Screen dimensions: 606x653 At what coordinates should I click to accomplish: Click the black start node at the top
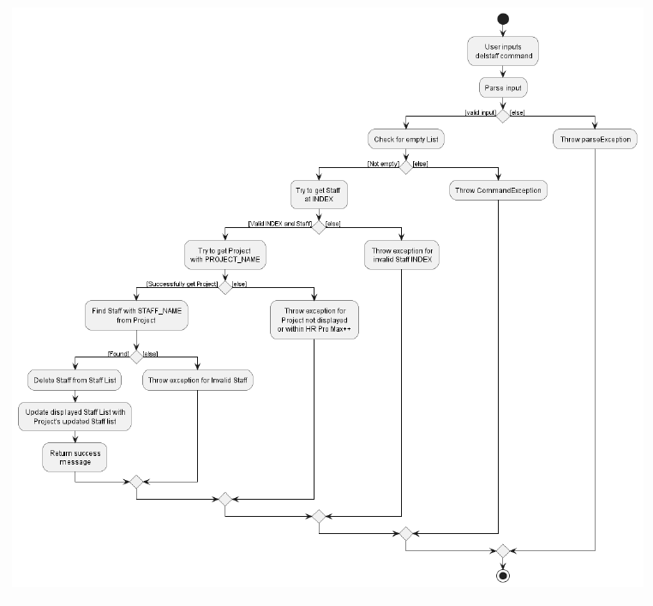point(503,19)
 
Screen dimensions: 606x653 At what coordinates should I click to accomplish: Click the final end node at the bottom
point(503,576)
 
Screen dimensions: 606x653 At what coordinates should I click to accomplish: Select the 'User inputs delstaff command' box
point(504,51)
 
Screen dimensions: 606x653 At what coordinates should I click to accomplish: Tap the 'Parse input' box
point(503,87)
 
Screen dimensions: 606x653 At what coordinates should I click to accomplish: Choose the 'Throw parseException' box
point(594,139)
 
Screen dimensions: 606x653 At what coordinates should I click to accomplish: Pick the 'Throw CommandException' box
point(498,190)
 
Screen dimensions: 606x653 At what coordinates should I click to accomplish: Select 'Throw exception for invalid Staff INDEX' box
point(401,254)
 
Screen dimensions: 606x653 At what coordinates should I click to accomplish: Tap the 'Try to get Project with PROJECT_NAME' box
point(225,254)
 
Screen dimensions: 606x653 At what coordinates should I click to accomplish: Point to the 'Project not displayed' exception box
point(315,321)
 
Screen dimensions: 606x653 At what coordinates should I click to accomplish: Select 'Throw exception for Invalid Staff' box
point(198,379)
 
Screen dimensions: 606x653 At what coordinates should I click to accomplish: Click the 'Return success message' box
point(76,457)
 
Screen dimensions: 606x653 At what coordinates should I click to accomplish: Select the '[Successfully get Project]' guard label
point(182,284)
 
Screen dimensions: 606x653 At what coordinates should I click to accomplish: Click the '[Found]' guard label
point(117,353)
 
